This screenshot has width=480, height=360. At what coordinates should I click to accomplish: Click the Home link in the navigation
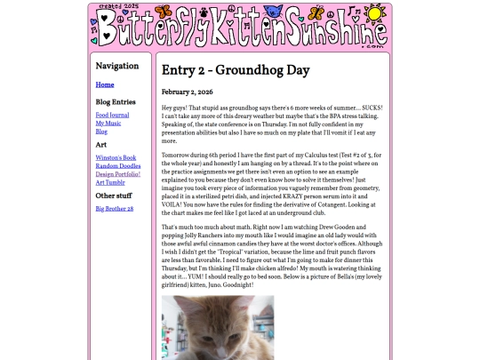[x=105, y=85]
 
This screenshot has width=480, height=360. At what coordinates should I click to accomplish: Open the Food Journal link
[x=113, y=115]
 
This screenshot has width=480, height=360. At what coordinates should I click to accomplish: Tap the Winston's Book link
[x=116, y=156]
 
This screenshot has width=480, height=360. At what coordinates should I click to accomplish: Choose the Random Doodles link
[x=118, y=165]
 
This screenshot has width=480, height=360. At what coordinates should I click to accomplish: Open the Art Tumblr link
[x=110, y=182]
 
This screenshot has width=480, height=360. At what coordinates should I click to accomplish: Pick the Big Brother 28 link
[x=115, y=208]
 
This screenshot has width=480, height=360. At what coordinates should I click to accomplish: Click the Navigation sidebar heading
[x=117, y=67]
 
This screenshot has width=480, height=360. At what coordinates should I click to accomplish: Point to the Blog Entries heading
[x=116, y=102]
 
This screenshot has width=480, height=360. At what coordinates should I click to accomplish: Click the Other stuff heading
[x=114, y=196]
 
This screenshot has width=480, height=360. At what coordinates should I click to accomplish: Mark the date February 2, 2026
[x=187, y=92]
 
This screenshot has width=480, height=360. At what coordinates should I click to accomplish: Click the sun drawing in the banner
[x=375, y=14]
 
